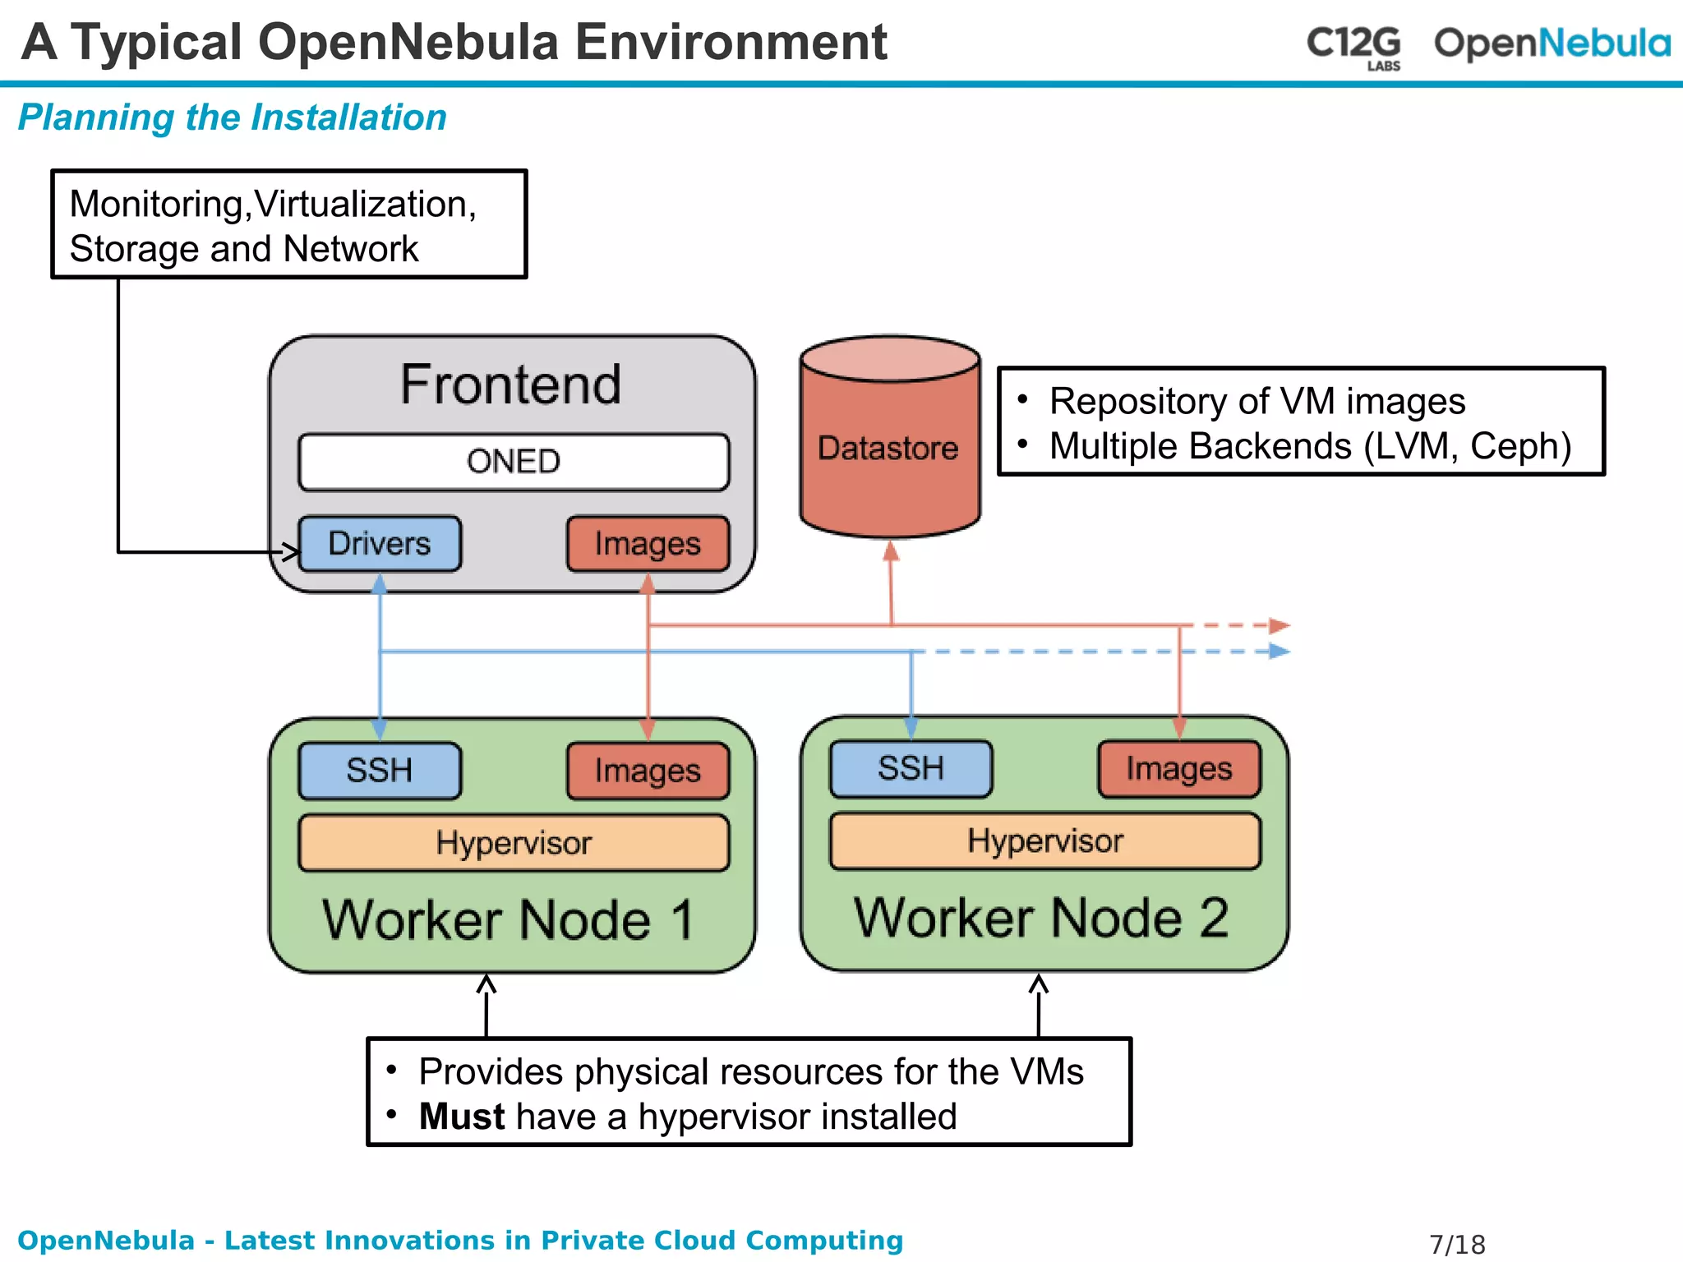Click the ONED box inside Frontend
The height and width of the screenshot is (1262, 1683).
coord(514,462)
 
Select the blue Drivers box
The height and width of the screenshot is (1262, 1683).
coord(380,544)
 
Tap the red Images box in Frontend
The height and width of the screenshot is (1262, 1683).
coord(648,544)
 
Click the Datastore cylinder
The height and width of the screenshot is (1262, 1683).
coord(889,448)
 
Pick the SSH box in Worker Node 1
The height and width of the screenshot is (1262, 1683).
coord(380,771)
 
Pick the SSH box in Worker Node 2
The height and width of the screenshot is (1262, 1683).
coord(911,769)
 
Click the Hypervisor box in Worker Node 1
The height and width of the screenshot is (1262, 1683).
coord(514,843)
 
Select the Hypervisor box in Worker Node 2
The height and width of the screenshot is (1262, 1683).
coord(1044,841)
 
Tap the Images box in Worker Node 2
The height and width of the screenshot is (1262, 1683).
coord(1178,769)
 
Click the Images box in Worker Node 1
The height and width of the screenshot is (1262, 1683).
coord(648,771)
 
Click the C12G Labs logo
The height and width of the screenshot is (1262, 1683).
coord(1353,45)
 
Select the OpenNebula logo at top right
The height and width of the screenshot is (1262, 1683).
coord(1552,44)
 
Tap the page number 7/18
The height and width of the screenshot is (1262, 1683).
coord(1457,1244)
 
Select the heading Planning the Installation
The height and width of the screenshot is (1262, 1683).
coord(233,117)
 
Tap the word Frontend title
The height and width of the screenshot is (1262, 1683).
coord(510,385)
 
